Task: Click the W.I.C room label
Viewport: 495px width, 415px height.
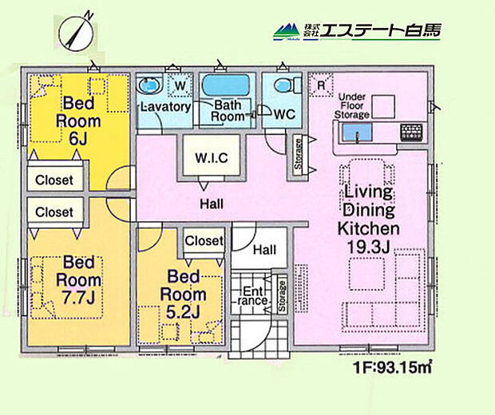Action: (212, 157)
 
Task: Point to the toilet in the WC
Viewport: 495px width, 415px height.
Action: (281, 86)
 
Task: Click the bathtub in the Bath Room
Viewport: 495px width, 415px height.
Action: (227, 85)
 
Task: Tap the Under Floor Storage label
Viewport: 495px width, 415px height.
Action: (352, 105)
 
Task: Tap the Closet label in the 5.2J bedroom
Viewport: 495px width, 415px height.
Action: (204, 240)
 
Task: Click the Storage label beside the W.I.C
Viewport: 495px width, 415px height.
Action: (298, 153)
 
